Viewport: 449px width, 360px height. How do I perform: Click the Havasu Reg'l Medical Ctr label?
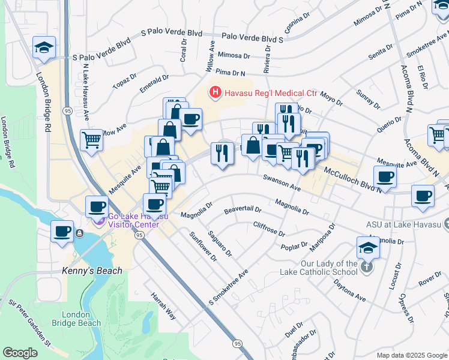pos(270,93)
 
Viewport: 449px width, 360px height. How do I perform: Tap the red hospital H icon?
pos(214,92)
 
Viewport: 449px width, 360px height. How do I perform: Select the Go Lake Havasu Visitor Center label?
pos(133,220)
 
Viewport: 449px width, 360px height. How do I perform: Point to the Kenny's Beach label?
pos(92,271)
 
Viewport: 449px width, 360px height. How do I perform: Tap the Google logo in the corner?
pos(20,353)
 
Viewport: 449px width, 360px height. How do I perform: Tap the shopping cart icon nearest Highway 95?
pos(91,140)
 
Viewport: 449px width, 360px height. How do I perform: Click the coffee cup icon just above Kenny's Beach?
pos(61,232)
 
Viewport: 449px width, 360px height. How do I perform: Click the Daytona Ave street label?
pos(349,290)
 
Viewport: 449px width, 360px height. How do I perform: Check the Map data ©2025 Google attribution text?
pos(411,355)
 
